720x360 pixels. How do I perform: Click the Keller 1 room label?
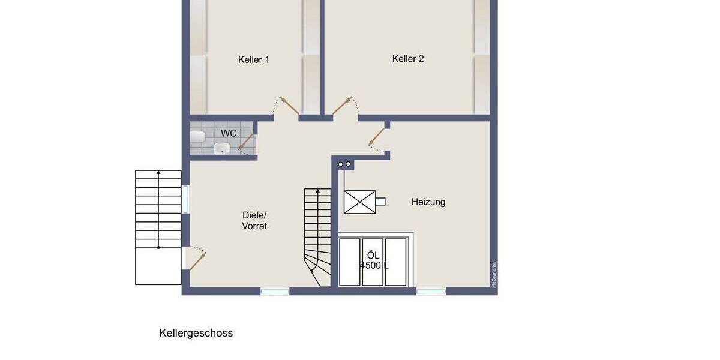[253, 59]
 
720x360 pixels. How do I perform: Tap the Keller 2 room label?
[408, 59]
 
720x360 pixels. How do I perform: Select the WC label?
[229, 133]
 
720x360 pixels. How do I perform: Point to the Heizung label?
[428, 202]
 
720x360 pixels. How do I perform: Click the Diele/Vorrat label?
[254, 221]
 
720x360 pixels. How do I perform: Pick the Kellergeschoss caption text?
[196, 333]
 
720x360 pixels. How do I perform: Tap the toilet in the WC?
[197, 137]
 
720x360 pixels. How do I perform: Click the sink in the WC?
[223, 148]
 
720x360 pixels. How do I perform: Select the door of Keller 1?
[289, 106]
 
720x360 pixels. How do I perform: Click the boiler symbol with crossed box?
[360, 202]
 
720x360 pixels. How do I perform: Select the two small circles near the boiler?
[344, 164]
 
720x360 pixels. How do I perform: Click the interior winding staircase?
[317, 237]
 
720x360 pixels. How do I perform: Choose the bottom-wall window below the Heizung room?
[431, 292]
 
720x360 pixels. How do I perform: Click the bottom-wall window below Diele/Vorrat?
[275, 292]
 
